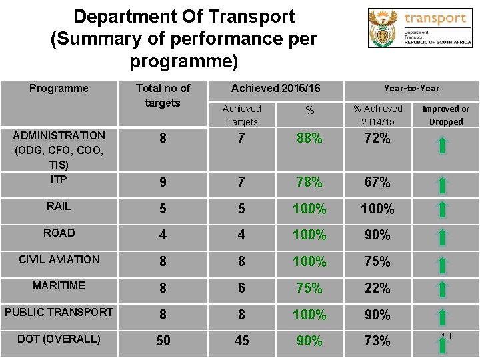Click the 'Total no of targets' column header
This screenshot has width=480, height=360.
coord(163,95)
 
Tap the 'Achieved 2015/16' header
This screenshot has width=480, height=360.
coord(275,88)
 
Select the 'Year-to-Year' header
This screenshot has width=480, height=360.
coord(411,88)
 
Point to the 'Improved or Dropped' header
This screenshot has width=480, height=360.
coord(445,115)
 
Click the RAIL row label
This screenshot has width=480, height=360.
coord(59,207)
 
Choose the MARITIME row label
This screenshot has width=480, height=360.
coord(59,285)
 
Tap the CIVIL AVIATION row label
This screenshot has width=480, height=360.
coord(59,259)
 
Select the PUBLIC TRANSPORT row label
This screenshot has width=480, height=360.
coord(59,312)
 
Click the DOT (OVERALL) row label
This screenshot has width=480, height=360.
coord(59,339)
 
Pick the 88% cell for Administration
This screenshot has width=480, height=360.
coord(309,139)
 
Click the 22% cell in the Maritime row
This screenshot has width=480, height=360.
coord(377,288)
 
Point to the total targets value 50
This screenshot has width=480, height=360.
coord(163,341)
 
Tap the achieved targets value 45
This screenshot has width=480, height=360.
coord(241,341)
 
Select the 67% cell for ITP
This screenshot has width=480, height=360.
coord(377,182)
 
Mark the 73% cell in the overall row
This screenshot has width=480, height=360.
coord(377,341)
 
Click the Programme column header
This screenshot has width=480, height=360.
coord(59,88)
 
